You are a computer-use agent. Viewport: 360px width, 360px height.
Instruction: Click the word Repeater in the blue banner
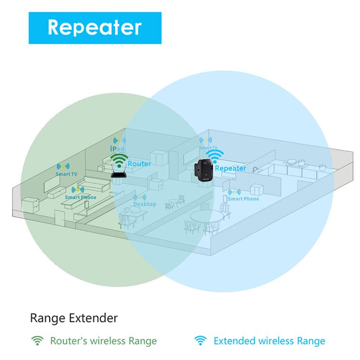tap(95, 27)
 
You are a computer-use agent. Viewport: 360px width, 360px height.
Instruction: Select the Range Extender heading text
tap(73, 317)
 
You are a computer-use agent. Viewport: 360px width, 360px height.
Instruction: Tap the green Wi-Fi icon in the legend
tap(37, 341)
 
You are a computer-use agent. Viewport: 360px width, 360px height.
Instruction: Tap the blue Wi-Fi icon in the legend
tap(200, 341)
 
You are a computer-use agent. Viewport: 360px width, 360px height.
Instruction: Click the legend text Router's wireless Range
tap(103, 341)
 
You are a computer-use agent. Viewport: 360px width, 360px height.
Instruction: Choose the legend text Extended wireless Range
tap(269, 341)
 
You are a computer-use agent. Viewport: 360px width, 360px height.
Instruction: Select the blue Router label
tap(139, 164)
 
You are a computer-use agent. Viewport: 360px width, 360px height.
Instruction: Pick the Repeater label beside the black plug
tap(230, 168)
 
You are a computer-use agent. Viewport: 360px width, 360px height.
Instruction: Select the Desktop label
tap(144, 204)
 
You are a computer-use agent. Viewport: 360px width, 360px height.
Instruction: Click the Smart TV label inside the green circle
tap(66, 174)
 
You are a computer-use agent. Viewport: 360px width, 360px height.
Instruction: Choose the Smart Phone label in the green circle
tap(80, 197)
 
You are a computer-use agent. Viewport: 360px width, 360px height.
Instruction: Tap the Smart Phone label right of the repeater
tap(243, 199)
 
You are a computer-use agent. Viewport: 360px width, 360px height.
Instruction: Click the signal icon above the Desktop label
tap(140, 197)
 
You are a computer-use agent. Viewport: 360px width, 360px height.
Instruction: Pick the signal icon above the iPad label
tap(120, 141)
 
